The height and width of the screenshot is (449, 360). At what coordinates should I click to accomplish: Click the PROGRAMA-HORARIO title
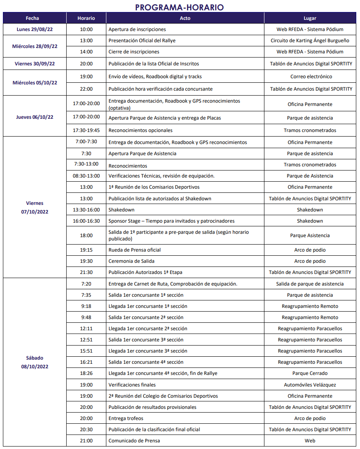[179, 7]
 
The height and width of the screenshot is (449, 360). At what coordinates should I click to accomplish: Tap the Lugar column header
[310, 18]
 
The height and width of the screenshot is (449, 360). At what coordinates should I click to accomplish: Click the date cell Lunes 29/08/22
[35, 29]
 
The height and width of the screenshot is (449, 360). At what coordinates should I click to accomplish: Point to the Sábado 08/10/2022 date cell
[35, 362]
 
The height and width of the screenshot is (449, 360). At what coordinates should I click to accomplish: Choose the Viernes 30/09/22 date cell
[35, 64]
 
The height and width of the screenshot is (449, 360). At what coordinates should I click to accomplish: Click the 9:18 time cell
[86, 306]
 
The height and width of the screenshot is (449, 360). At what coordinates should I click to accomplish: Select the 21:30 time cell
[86, 272]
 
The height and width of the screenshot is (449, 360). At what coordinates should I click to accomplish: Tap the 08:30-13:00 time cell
[86, 176]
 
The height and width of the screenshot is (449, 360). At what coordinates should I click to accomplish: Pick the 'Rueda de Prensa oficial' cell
[134, 250]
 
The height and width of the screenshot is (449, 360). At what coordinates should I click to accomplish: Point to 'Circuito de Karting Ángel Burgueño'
[310, 41]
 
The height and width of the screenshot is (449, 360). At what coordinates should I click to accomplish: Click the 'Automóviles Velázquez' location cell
[310, 385]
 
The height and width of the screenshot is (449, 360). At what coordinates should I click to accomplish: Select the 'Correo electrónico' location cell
[310, 77]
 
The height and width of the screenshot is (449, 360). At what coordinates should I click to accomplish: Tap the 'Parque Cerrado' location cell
[310, 373]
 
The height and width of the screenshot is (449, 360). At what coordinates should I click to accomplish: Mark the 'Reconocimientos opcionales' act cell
[140, 130]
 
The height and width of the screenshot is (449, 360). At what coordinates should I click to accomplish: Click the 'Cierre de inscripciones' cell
[134, 52]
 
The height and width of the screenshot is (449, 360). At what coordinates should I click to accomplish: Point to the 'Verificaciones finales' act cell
[132, 385]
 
